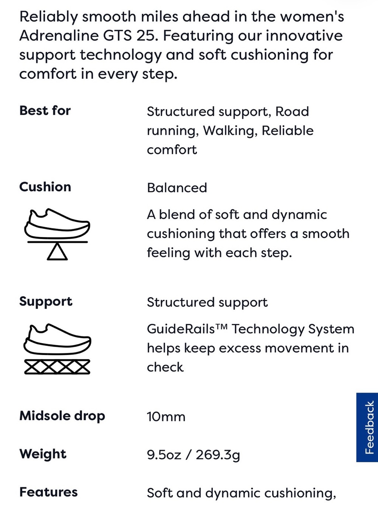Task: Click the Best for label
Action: pyautogui.click(x=45, y=111)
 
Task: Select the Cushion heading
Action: pyautogui.click(x=45, y=187)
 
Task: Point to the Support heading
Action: pyautogui.click(x=46, y=302)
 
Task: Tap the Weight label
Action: pyautogui.click(x=43, y=454)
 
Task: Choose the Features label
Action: pyautogui.click(x=48, y=492)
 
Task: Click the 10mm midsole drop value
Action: pyautogui.click(x=166, y=417)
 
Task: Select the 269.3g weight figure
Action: pyautogui.click(x=218, y=455)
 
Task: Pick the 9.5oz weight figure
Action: pyautogui.click(x=164, y=455)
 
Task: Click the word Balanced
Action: pyautogui.click(x=177, y=188)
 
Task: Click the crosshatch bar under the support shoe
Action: pyautogui.click(x=57, y=367)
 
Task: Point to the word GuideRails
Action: pyautogui.click(x=181, y=329)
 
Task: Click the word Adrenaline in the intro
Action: pyautogui.click(x=59, y=36)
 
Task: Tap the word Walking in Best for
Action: pyautogui.click(x=229, y=131)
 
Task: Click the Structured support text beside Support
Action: pyautogui.click(x=207, y=303)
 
